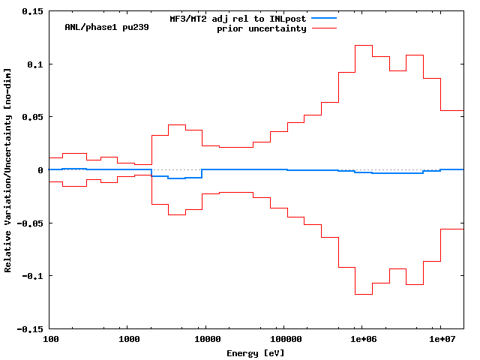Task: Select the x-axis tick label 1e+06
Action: pyautogui.click(x=362, y=340)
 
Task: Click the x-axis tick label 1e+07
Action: pyautogui.click(x=440, y=340)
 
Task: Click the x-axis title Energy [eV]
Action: pyautogui.click(x=256, y=352)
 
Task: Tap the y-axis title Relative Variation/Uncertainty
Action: pyautogui.click(x=8, y=170)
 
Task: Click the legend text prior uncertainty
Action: pyautogui.click(x=262, y=28)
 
